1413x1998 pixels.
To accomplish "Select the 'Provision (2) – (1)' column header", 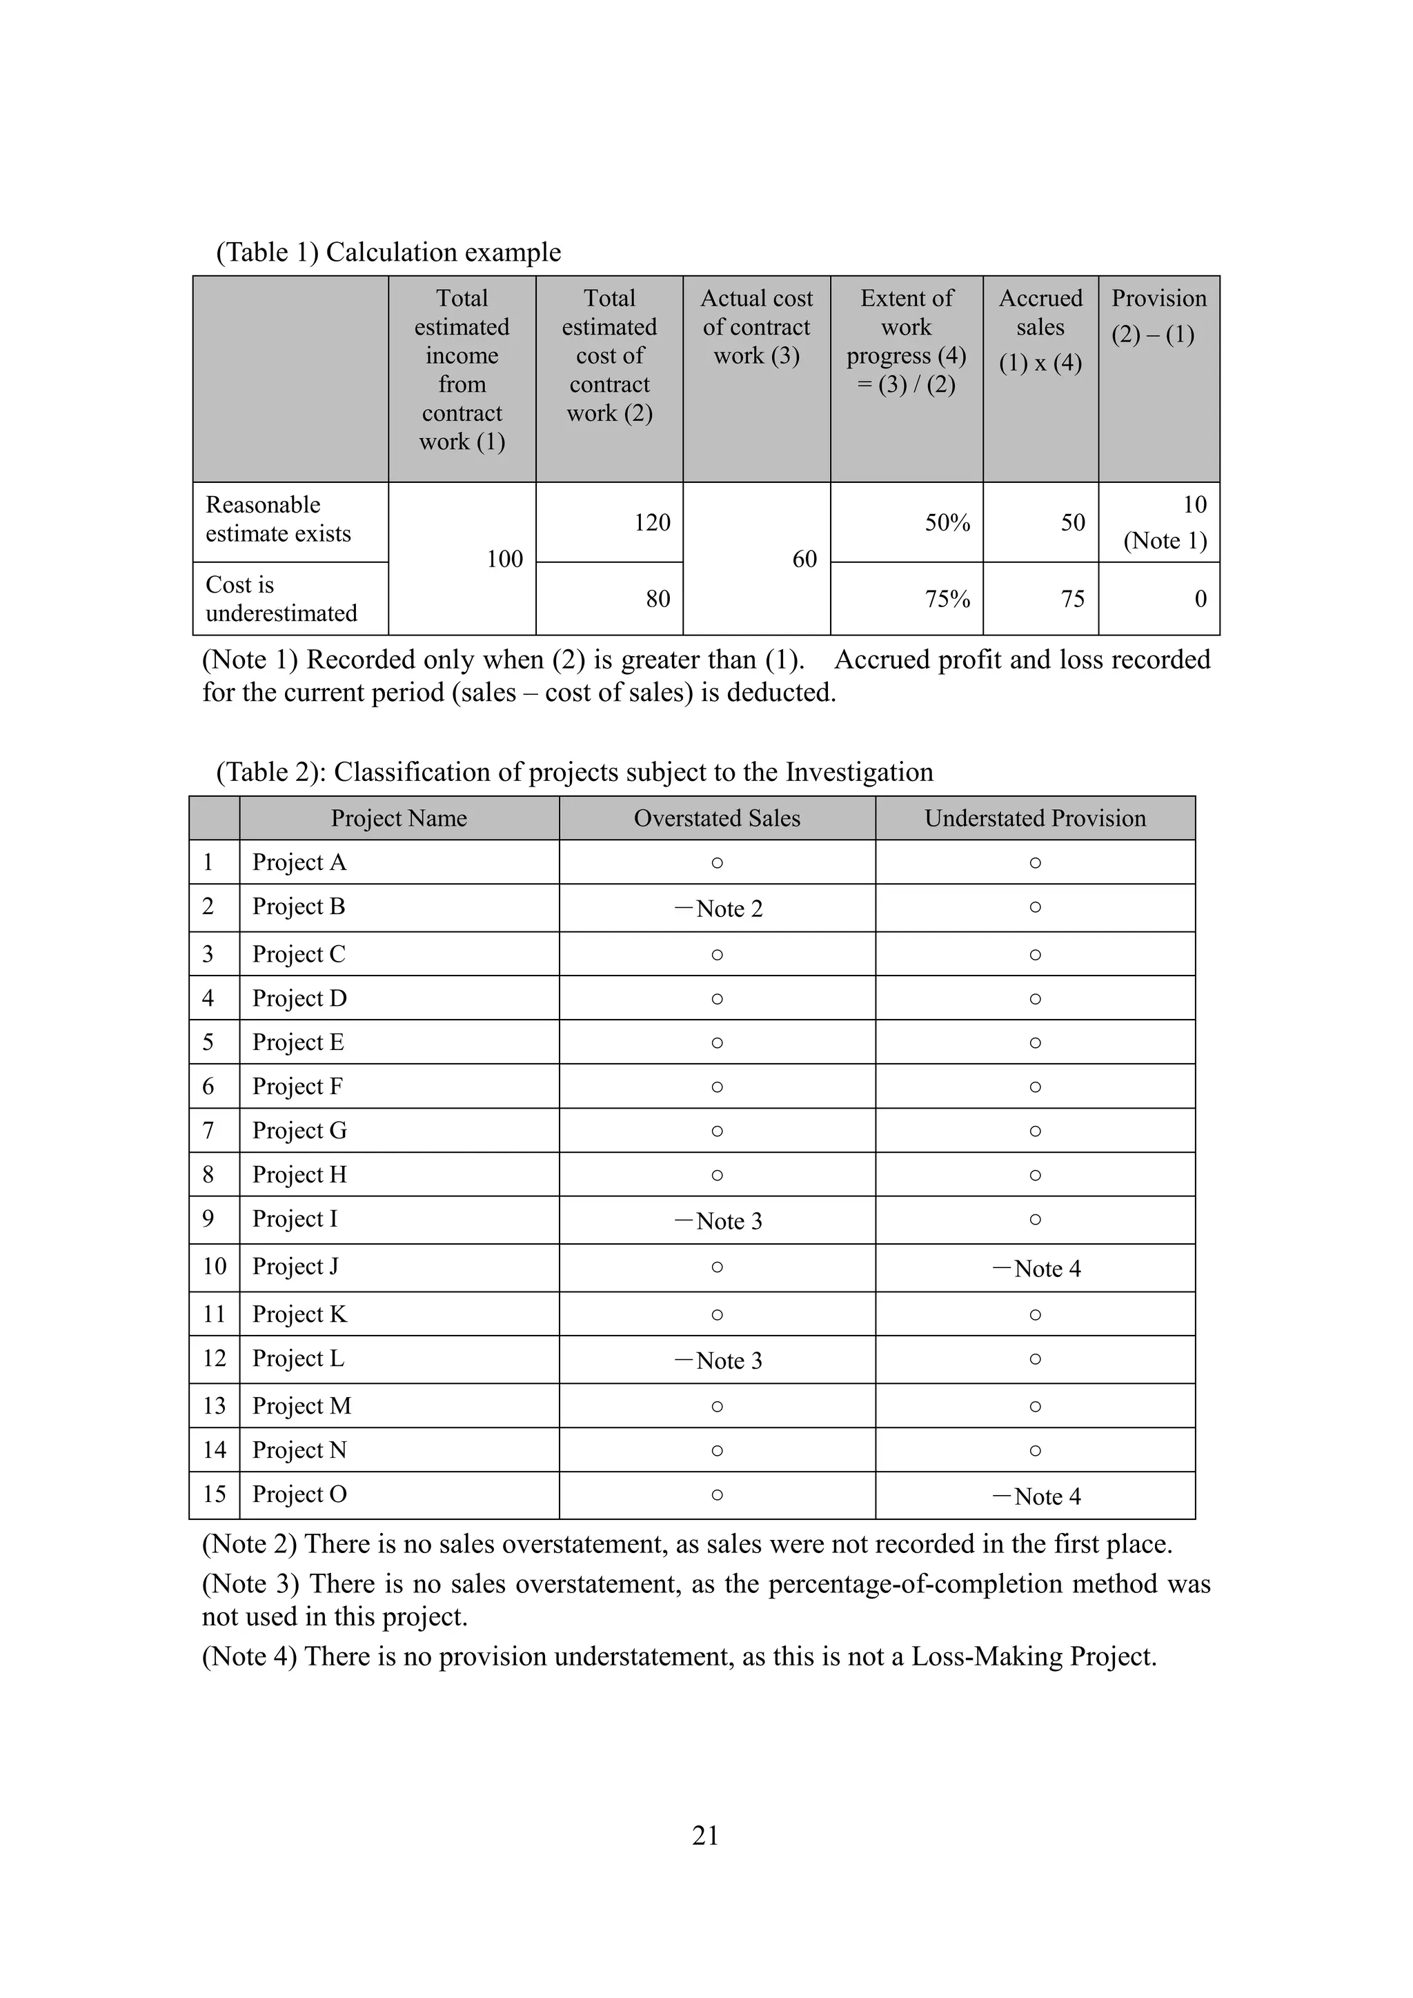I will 1158,316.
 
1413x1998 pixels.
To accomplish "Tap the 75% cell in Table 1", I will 947,599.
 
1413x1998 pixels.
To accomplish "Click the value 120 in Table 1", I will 652,522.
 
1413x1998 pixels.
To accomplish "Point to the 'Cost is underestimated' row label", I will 281,599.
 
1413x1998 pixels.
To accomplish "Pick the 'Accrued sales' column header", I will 1040,330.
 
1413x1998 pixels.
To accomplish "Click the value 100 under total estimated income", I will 504,559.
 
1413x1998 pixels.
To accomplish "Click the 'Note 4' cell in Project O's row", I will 1036,1496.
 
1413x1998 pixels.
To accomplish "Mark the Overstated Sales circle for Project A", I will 717,862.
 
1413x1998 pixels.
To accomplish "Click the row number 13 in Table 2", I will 214,1405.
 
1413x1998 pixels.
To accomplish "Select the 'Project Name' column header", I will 399,818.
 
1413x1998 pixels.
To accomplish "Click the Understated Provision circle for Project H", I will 1034,1175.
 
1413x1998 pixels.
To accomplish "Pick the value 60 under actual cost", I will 804,559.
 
